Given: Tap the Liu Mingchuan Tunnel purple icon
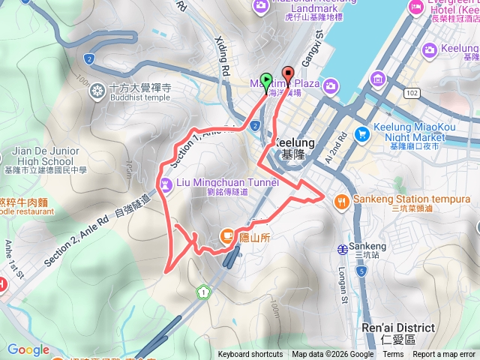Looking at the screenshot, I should point(165,182).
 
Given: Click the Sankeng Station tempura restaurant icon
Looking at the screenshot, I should point(341,200).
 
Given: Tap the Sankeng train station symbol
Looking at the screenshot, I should point(342,247).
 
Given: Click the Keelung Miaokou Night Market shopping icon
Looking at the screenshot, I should point(362,134).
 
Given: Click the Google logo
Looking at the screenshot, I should point(28,349).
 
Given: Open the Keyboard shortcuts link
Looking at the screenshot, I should point(250,355).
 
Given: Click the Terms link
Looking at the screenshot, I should point(393,355).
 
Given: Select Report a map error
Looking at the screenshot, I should point(444,355).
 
